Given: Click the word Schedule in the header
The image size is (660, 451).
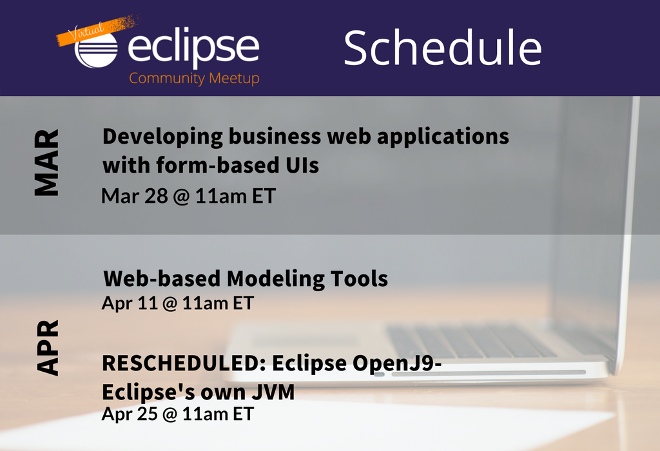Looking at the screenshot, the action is tap(443, 47).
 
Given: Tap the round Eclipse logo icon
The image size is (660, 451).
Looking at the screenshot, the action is tap(96, 50).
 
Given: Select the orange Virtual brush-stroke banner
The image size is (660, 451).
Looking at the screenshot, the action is tap(98, 30).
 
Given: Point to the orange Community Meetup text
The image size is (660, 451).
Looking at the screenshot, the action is tap(194, 78).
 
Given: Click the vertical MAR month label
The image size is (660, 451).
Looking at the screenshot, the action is tap(46, 162).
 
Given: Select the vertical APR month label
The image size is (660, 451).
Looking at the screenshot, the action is tap(48, 347).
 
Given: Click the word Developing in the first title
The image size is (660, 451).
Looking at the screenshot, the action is tap(162, 138).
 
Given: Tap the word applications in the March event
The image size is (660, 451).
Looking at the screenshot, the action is tap(443, 138).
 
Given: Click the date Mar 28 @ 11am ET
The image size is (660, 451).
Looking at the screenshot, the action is tap(189, 196).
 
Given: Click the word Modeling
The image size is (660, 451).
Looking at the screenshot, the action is tap(275, 280).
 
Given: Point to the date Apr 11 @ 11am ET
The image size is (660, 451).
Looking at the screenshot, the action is tap(178, 303).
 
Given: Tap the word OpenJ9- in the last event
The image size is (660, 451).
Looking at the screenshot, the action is tap(397, 363).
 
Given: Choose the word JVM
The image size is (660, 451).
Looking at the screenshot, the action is tap(273, 392).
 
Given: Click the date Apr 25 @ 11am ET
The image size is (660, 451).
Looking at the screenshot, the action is tap(178, 414).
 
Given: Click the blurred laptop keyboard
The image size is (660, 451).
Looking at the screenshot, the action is tap(471, 341).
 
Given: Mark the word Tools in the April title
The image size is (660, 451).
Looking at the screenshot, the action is tap(359, 279).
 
